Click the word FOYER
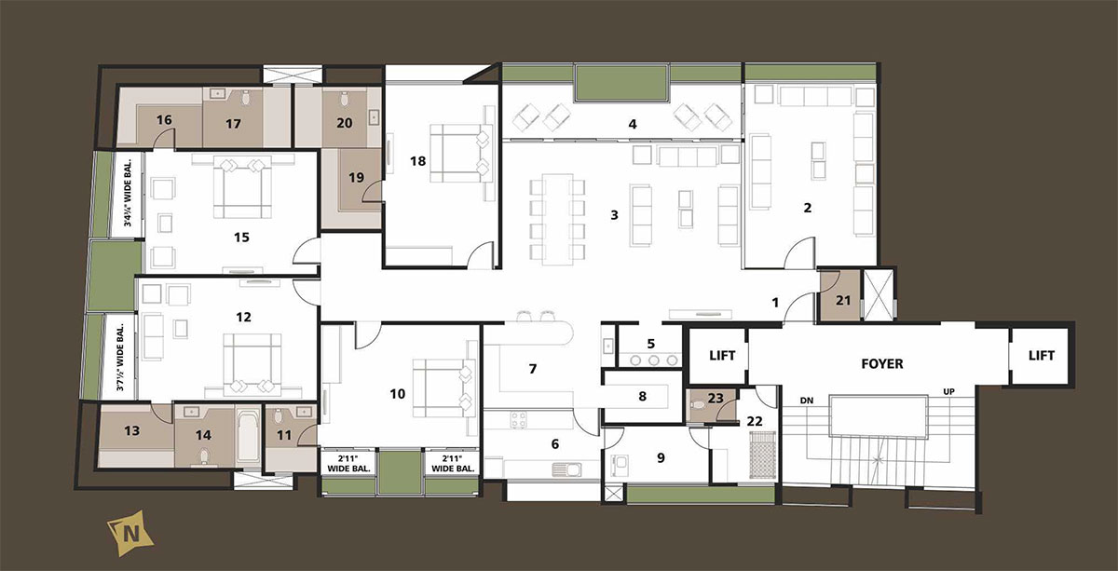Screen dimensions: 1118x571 [x=882, y=364]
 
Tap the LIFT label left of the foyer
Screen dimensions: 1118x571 [x=722, y=356]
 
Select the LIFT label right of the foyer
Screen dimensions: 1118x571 [x=1042, y=356]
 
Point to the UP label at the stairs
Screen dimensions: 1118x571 [x=948, y=392]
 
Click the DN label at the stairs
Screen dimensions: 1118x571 [x=807, y=401]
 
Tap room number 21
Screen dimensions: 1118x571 [x=843, y=301]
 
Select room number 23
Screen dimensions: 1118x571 [x=716, y=399]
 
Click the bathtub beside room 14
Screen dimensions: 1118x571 [x=248, y=437]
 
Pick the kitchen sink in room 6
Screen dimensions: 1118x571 [x=566, y=469]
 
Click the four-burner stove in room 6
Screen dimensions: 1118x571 [x=519, y=420]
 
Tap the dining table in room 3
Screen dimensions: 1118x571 [x=557, y=220]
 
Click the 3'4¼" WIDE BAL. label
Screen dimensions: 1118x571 [x=129, y=193]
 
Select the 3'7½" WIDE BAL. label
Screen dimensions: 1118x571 [x=120, y=358]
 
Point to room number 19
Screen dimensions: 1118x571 [x=356, y=177]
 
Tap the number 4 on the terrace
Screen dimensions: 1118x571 [x=633, y=124]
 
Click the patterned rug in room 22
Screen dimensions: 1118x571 [x=762, y=455]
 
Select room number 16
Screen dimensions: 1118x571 [x=164, y=120]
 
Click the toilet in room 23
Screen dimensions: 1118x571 [x=698, y=403]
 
